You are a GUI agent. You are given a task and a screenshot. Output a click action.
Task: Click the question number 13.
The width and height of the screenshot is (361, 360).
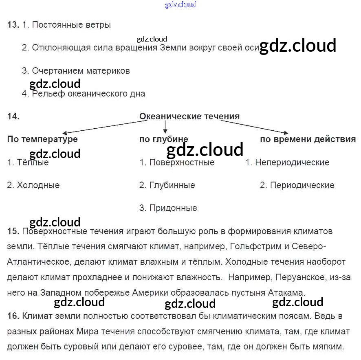(x=13, y=25)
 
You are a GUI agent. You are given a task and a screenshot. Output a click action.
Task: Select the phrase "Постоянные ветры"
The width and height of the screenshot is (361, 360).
(x=71, y=25)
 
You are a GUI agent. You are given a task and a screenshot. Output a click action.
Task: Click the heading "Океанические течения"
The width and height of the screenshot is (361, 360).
(x=189, y=116)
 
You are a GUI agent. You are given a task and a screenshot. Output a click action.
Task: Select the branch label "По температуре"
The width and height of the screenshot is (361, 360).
(x=42, y=139)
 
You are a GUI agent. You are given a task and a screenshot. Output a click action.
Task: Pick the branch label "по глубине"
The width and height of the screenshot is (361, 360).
(x=164, y=139)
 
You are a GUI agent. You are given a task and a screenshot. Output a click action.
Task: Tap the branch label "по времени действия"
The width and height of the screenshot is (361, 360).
(x=308, y=139)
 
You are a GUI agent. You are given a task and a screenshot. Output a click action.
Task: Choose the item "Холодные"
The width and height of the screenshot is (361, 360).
(x=38, y=185)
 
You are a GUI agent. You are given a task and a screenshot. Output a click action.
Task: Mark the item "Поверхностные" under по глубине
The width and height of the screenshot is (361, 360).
(x=182, y=162)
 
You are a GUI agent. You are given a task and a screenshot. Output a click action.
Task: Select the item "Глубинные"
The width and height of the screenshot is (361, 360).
(x=172, y=185)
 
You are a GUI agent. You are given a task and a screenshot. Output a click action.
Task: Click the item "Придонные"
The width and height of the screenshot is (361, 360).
(x=173, y=208)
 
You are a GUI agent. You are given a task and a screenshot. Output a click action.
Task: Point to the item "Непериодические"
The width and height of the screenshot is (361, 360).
(x=292, y=162)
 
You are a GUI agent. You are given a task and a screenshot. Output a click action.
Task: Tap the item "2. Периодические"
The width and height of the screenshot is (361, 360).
(x=297, y=185)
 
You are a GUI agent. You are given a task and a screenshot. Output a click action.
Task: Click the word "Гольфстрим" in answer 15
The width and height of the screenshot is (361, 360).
(x=254, y=247)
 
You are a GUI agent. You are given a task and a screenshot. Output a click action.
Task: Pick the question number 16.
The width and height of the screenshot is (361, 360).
(x=13, y=316)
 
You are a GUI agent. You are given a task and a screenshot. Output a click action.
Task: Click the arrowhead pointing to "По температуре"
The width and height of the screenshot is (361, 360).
(x=64, y=133)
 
